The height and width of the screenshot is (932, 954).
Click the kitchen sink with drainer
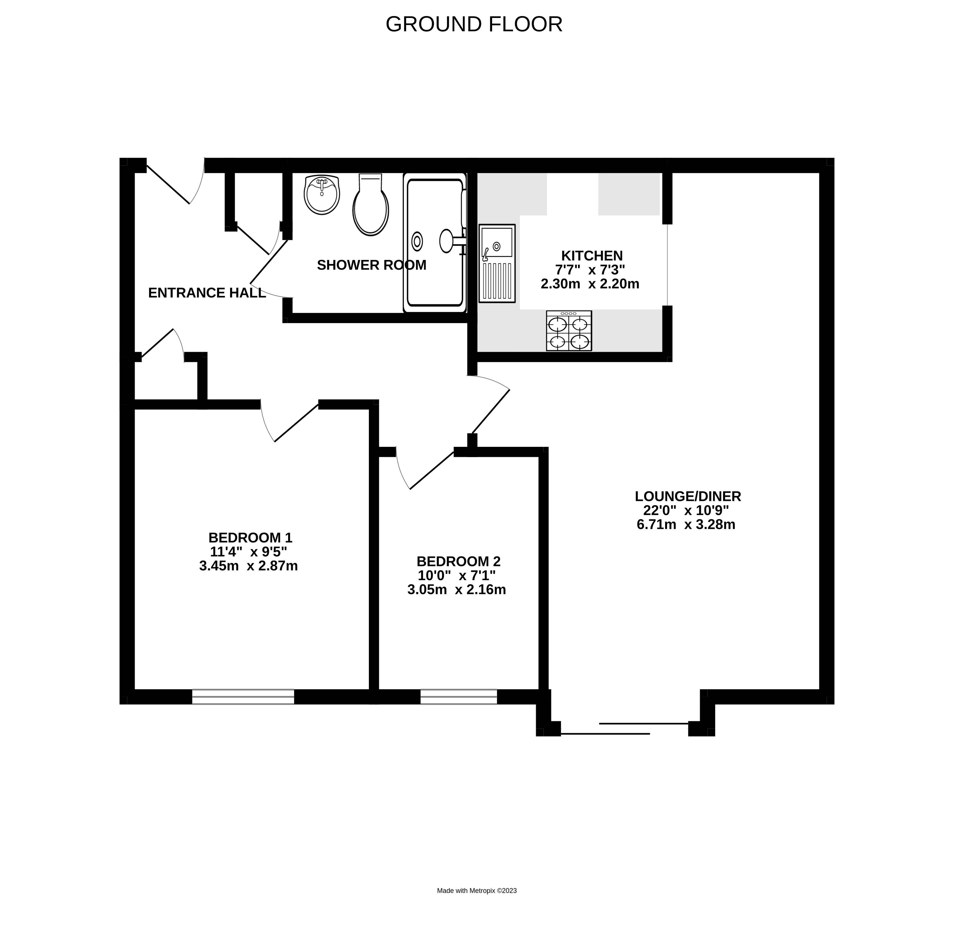pos(497,263)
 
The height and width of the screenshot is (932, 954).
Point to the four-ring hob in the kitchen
pos(569,331)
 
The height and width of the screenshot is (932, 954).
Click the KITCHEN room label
pos(592,256)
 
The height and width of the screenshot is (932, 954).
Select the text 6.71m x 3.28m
pos(686,525)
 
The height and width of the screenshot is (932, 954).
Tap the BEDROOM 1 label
pos(250,537)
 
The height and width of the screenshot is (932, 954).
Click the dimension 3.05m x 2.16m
pos(456,589)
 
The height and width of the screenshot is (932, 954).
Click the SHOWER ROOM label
pos(371,265)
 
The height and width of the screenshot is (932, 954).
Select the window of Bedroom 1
pos(243,696)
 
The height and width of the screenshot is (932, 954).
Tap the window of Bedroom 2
pos(458,696)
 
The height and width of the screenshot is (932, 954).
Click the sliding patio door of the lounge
pos(624,728)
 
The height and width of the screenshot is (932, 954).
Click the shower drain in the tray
pos(417,241)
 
